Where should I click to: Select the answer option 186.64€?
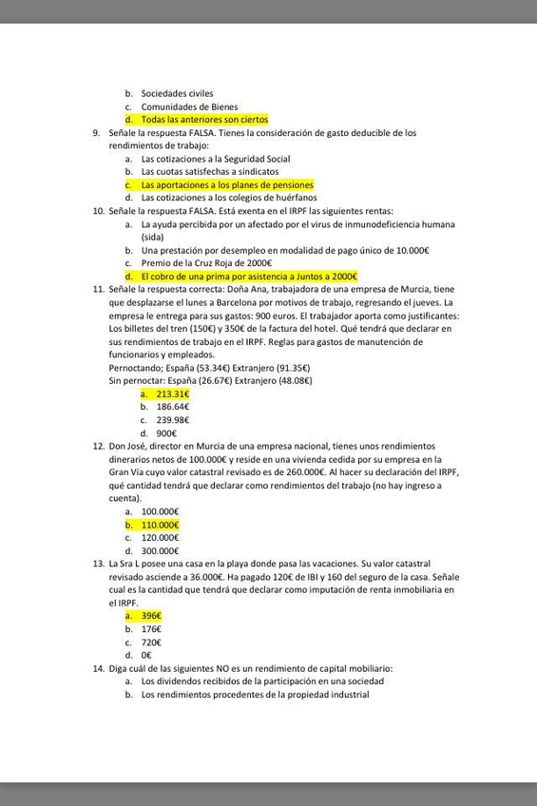[x=172, y=406]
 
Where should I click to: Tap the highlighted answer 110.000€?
[x=160, y=525]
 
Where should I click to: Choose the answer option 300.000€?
[x=160, y=550]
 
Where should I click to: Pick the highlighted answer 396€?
[x=151, y=616]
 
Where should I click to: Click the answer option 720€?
[x=151, y=643]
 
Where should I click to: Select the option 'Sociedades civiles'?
[x=177, y=94]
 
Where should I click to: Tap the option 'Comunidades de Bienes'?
[x=189, y=107]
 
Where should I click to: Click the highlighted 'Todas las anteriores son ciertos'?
[x=204, y=120]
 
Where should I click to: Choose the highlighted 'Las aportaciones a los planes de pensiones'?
[x=227, y=184]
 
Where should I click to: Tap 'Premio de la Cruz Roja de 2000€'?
[x=206, y=262]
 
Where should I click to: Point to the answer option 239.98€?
[x=172, y=419]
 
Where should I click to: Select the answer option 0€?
[x=146, y=655]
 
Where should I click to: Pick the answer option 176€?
[x=151, y=629]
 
